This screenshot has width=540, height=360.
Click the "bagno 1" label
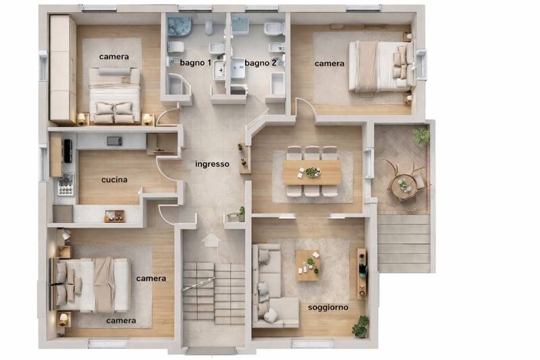(195, 63)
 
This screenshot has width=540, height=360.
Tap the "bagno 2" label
(261, 63)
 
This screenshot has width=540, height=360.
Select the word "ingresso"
(212, 164)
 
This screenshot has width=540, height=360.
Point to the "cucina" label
(114, 180)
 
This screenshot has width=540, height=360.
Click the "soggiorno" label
(328, 307)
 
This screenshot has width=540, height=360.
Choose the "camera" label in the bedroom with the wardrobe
(114, 57)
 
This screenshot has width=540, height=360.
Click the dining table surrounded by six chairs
(313, 172)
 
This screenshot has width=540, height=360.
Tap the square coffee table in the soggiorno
(308, 265)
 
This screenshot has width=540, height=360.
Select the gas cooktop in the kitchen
(65, 184)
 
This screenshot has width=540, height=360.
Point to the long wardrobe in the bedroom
(63, 70)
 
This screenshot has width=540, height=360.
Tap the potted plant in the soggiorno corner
(360, 326)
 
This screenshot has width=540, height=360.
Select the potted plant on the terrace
(421, 136)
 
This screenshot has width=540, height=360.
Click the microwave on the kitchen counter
(114, 141)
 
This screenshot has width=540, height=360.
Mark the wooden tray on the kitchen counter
(114, 216)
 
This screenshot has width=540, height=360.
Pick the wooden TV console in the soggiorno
(361, 273)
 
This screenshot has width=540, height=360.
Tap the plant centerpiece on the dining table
(313, 172)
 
